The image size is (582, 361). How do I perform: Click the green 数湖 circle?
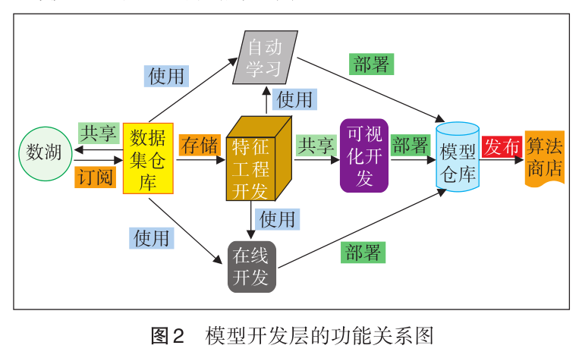(x=45, y=152)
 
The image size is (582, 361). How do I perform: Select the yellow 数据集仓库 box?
(x=149, y=159)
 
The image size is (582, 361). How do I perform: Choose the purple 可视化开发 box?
(x=364, y=155)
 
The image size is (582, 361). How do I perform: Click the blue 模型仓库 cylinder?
(x=458, y=156)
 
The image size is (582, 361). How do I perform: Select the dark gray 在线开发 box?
(x=251, y=266)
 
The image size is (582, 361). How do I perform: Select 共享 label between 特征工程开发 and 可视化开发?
(x=316, y=146)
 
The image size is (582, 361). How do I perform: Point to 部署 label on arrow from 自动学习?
(x=372, y=64)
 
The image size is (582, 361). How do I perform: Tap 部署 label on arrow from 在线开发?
(x=363, y=252)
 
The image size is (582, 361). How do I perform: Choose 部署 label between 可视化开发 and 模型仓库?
(x=411, y=146)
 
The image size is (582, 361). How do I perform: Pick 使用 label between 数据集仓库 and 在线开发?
(x=151, y=237)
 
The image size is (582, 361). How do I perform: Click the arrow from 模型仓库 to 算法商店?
(x=502, y=161)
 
